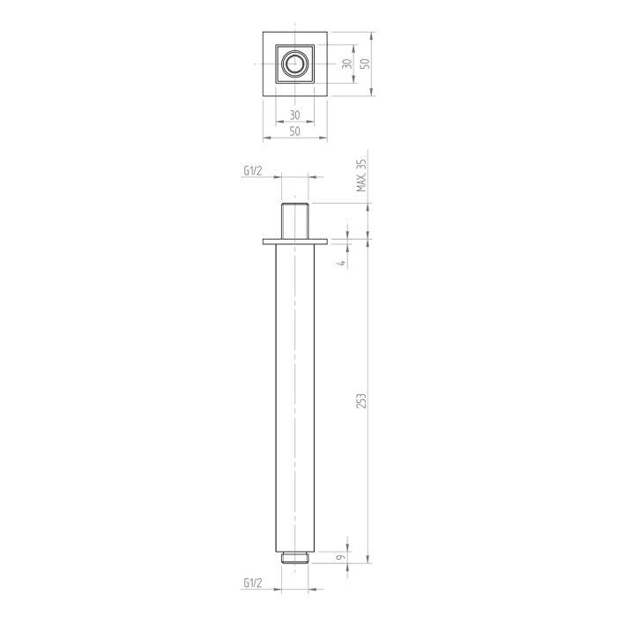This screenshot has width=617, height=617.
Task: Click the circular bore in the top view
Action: [294, 64]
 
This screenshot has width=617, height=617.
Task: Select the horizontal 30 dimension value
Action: [294, 115]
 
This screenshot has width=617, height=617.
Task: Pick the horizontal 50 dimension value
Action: [294, 130]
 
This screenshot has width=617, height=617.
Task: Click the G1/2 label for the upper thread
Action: [253, 171]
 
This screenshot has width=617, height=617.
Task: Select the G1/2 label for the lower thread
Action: [253, 583]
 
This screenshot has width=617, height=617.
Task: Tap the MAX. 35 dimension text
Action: [361, 176]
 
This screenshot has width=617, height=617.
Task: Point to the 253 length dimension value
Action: [361, 400]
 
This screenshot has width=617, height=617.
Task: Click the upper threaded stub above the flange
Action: [294, 219]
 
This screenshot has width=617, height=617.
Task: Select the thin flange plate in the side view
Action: [294, 241]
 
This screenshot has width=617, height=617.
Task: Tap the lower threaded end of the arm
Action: [294, 556]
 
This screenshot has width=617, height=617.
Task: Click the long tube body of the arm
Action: [294, 397]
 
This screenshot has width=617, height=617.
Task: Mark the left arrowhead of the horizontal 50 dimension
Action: [265, 138]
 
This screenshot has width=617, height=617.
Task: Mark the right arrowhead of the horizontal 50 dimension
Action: [324, 138]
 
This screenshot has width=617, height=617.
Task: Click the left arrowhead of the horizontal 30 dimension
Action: [279, 122]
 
